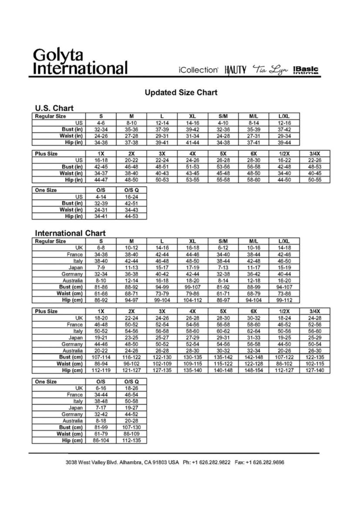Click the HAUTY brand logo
[x=235, y=70]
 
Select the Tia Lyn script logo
[x=270, y=70]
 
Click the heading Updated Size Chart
[x=180, y=93]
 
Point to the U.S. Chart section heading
[x=54, y=108]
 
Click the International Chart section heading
[x=70, y=233]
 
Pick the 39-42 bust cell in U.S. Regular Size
[x=193, y=129]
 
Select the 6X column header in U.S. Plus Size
[x=254, y=154]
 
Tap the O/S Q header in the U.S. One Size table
[x=131, y=190]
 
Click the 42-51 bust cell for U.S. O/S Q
[x=131, y=203]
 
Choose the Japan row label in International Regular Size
[x=76, y=268]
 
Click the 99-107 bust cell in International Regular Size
[x=193, y=287]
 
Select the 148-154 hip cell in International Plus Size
[x=254, y=370]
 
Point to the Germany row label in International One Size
[x=72, y=415]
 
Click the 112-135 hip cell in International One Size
[x=131, y=440]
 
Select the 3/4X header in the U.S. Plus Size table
[x=314, y=154]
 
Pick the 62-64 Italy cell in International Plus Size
[x=254, y=331]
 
